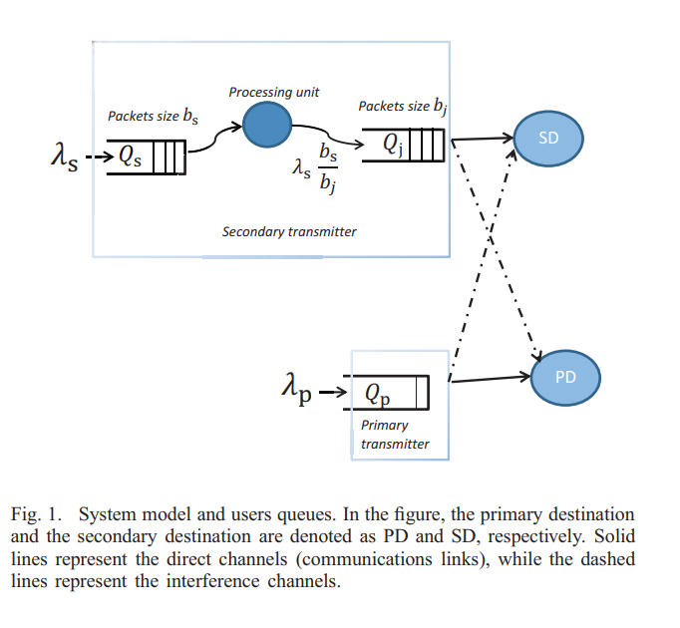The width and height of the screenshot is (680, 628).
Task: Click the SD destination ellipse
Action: point(548,139)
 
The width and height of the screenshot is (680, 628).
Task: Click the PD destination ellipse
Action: point(564,377)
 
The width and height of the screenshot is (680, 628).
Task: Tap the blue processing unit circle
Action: point(267,127)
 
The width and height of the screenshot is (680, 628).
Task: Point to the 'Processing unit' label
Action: point(274,92)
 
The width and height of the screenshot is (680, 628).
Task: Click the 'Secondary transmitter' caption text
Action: point(289,231)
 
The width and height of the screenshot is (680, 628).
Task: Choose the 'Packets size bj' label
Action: point(403,106)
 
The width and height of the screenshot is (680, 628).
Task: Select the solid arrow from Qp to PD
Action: point(489,378)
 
